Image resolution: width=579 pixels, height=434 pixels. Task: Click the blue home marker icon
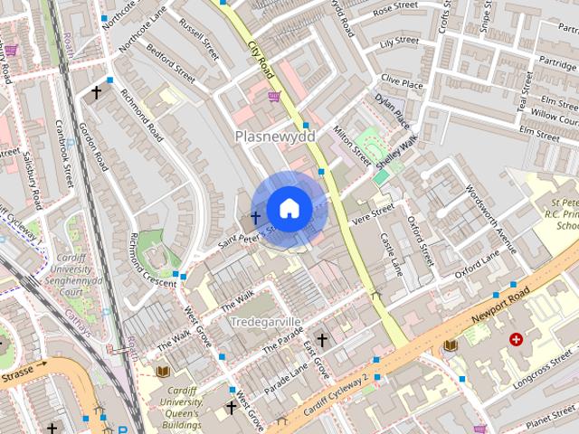tap(289, 208)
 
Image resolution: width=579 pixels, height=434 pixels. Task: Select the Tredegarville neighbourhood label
tap(265, 322)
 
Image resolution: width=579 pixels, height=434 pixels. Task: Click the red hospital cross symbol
tap(517, 340)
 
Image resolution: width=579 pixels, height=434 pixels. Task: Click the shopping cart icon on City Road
tap(274, 96)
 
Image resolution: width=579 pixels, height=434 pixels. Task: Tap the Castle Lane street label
tap(392, 256)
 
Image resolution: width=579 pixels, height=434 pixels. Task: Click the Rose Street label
tap(394, 8)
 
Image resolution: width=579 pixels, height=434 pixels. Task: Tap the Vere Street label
tap(374, 211)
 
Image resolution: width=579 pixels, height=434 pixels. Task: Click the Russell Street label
tap(200, 41)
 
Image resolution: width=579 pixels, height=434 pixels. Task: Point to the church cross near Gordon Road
tap(97, 92)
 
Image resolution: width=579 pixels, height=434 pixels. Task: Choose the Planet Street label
tap(552, 420)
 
